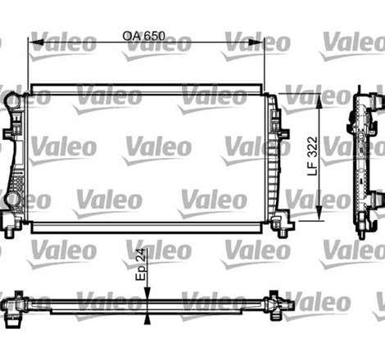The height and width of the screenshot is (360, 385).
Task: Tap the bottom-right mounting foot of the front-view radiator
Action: (x=281, y=222)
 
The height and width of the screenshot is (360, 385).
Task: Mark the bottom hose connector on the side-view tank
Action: (x=378, y=200)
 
